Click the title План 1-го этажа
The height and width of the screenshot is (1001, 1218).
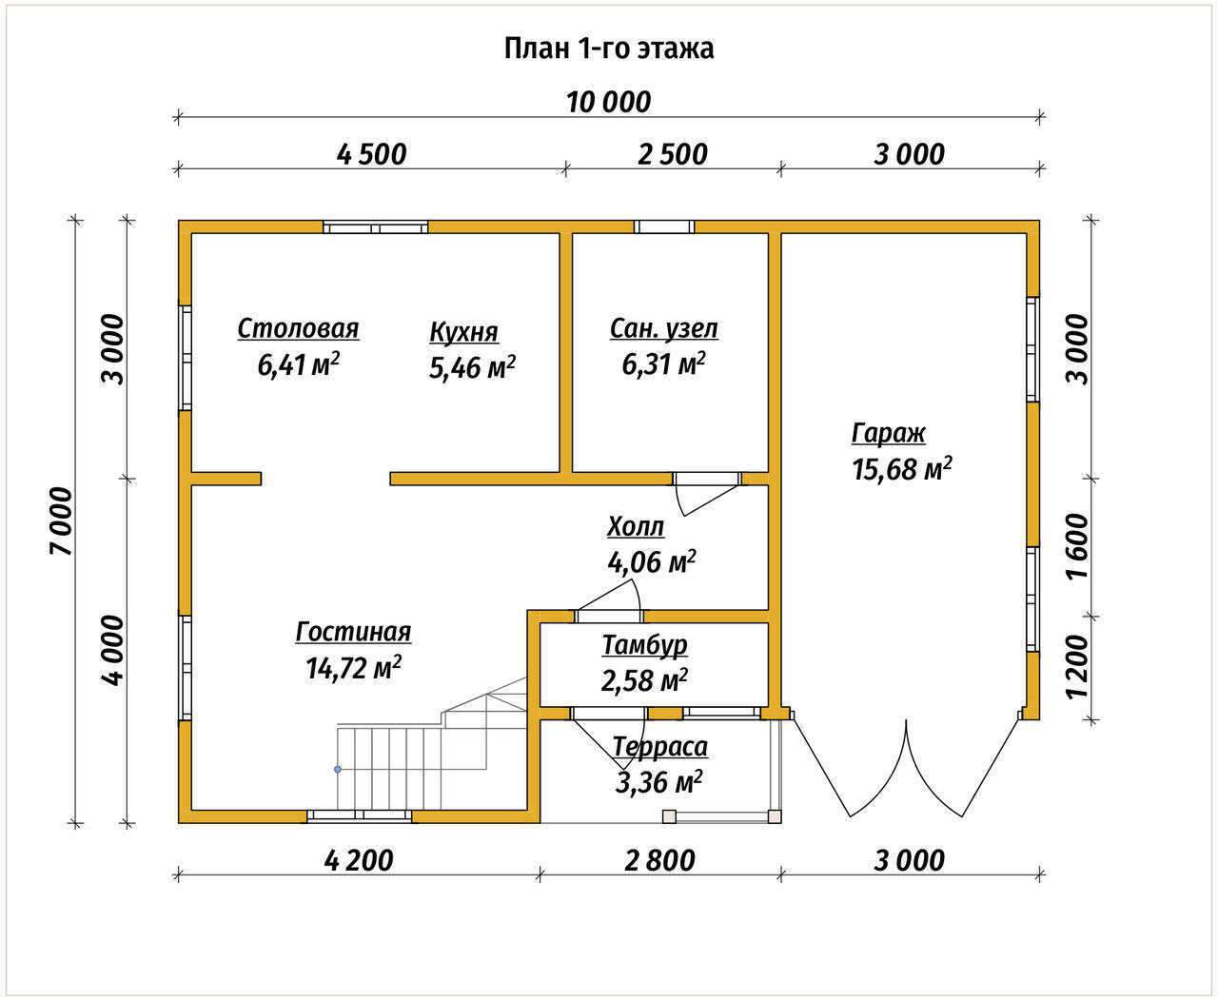tap(609, 49)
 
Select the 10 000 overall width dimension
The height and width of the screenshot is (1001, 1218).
tap(609, 103)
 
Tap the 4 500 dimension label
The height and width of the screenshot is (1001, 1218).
tap(371, 155)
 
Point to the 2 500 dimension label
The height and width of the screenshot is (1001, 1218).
tap(672, 155)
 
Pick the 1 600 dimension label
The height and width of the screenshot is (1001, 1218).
tap(1078, 546)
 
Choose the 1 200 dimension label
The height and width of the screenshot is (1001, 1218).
tap(1078, 667)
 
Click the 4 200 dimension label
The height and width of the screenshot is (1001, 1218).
tap(359, 861)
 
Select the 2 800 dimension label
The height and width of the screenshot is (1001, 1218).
tap(659, 861)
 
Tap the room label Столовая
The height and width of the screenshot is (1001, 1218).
tap(298, 329)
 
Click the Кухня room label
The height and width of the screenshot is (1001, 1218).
tap(463, 333)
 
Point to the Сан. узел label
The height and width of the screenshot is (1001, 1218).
tap(664, 329)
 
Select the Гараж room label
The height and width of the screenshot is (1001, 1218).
tap(888, 434)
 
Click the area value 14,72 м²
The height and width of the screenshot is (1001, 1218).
tap(353, 668)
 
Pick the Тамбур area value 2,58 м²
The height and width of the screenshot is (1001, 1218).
tap(644, 680)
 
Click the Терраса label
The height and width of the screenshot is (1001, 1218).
tap(659, 747)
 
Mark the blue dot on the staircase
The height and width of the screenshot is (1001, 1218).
tap(337, 770)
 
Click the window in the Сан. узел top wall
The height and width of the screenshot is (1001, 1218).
tap(664, 226)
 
